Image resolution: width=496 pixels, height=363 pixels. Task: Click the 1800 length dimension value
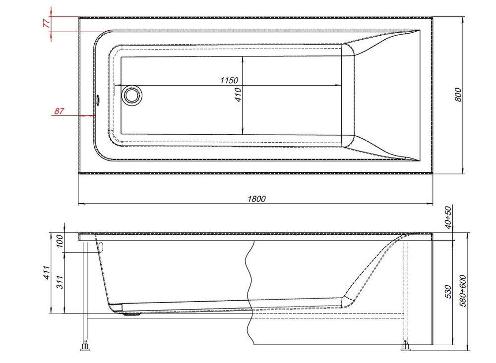(257, 199)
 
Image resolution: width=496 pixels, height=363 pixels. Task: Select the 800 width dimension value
(459, 95)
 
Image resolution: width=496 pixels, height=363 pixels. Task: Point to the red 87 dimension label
(60, 111)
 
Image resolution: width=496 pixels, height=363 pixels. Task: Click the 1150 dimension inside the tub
(229, 80)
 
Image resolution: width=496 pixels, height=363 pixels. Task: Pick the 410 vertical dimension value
(238, 95)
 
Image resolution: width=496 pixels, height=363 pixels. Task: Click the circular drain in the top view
(131, 95)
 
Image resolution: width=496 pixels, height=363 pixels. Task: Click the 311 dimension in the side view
(60, 282)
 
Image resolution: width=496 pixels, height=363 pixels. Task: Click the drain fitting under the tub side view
(130, 312)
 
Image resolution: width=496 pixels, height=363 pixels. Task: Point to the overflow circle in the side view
(101, 247)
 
